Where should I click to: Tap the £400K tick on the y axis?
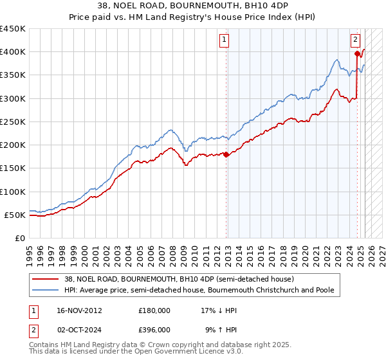click(x=13, y=52)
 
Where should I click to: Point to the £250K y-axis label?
click(x=13, y=122)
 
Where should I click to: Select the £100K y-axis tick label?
click(x=13, y=192)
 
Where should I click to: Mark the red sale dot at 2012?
click(x=226, y=154)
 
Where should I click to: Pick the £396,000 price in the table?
click(x=154, y=329)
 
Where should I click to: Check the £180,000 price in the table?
click(x=154, y=310)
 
